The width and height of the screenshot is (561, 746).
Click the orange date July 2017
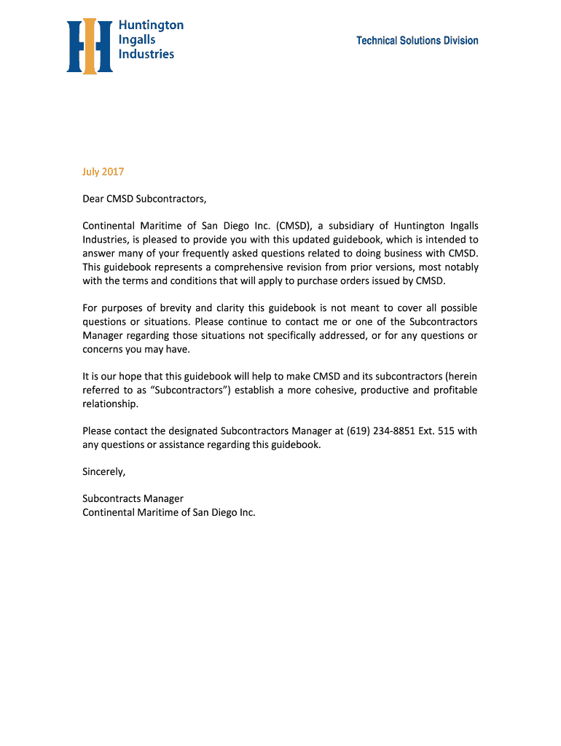pyautogui.click(x=103, y=172)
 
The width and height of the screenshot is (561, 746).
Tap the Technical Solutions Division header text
pyautogui.click(x=417, y=41)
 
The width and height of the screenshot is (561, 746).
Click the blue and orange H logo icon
pyautogui.click(x=90, y=47)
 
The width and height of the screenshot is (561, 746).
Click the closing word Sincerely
pyautogui.click(x=104, y=472)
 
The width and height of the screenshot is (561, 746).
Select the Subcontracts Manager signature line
pyautogui.click(x=133, y=499)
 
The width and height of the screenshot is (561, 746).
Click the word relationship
pyautogui.click(x=110, y=404)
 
